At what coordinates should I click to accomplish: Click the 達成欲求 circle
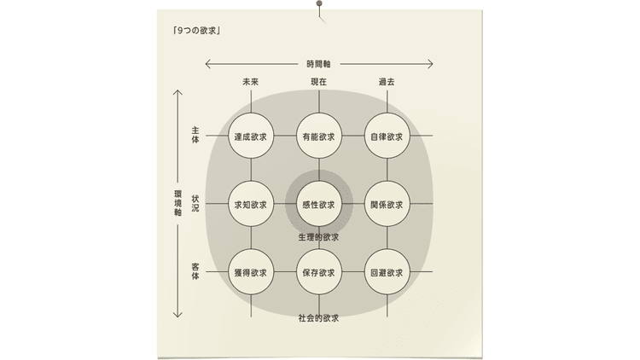[251, 136]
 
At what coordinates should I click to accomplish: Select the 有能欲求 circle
[319, 136]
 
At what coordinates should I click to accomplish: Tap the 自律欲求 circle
[387, 136]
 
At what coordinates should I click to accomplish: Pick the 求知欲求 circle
[251, 204]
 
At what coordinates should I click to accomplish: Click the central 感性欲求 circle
[319, 204]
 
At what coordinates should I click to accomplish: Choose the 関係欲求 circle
[387, 204]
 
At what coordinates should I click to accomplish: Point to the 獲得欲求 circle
[251, 272]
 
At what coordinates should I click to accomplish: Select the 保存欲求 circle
[319, 272]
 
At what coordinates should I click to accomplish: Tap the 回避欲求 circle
[387, 272]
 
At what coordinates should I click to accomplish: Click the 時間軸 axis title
[319, 64]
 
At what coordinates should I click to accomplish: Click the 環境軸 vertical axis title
[177, 203]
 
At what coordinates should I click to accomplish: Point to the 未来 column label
[251, 82]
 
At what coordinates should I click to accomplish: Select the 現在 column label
[319, 82]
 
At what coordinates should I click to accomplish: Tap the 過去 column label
[387, 82]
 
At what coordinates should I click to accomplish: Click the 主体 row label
[195, 135]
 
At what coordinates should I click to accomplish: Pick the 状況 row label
[195, 203]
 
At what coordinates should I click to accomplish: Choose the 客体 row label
[195, 271]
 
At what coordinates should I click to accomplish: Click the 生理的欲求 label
[319, 237]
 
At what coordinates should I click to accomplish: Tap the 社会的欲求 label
[319, 318]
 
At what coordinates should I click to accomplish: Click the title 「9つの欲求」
[197, 31]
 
